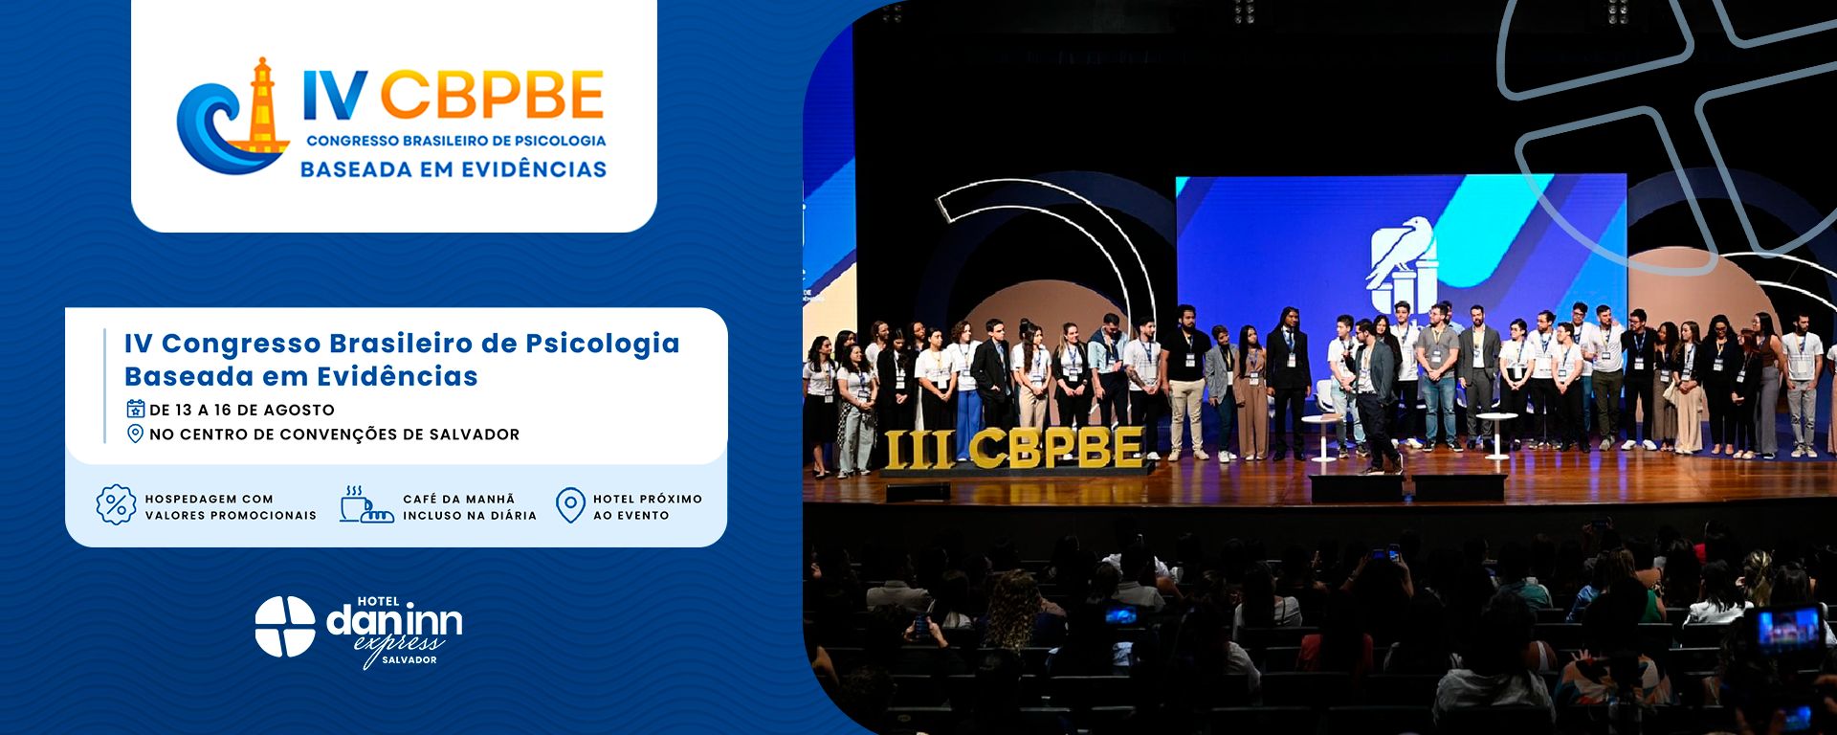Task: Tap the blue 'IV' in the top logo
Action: tap(335, 94)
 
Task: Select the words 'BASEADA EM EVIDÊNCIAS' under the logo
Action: tap(454, 169)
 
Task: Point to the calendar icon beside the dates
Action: tap(136, 409)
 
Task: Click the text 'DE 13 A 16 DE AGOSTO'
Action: tap(242, 410)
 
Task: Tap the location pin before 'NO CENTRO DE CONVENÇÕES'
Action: tap(136, 434)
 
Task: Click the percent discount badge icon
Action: tap(116, 504)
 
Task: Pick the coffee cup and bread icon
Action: tap(365, 504)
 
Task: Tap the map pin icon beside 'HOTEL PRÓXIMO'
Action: tap(570, 505)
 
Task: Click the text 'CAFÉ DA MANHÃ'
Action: tap(458, 499)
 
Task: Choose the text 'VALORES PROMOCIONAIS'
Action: tap(231, 515)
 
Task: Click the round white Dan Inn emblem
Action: tap(285, 627)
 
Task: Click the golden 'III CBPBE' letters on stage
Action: tap(1013, 448)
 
